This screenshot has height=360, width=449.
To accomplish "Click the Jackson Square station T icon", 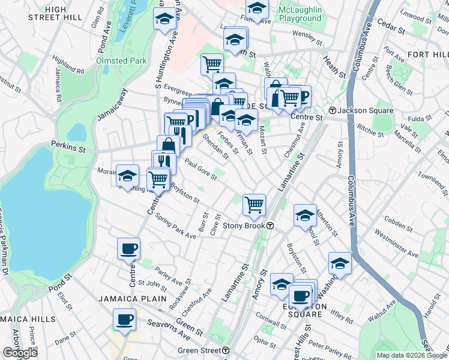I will click(x=333, y=110).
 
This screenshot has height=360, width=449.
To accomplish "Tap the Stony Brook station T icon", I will click(x=271, y=226).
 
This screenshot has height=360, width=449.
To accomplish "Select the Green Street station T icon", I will click(x=225, y=350).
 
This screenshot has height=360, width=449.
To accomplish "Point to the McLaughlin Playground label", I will click(x=300, y=14).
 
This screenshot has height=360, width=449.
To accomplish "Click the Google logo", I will click(x=19, y=353).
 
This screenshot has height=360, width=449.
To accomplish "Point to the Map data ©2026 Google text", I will click(x=412, y=355).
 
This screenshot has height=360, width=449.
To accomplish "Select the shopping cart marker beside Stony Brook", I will click(x=255, y=205).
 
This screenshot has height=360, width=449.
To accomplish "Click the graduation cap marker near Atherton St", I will click(x=306, y=215).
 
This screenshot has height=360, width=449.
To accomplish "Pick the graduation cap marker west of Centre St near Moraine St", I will click(x=127, y=175).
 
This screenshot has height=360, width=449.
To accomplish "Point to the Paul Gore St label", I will click(x=200, y=169).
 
